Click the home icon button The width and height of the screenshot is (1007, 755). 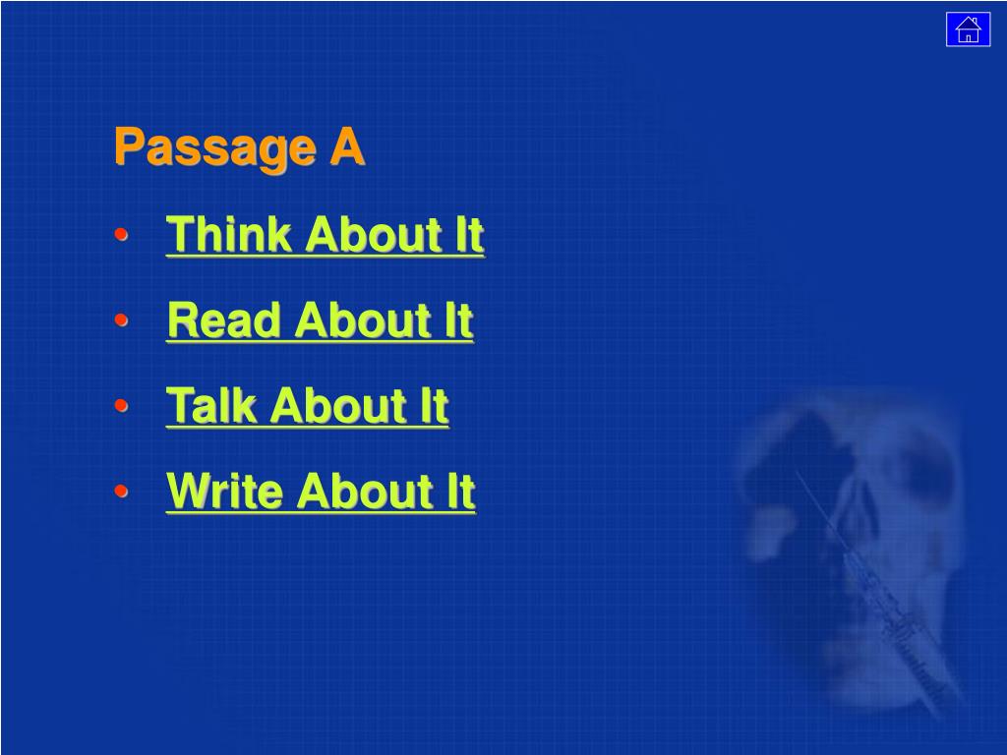(x=968, y=29)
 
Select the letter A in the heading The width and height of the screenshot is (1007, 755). (x=347, y=146)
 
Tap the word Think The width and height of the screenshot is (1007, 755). (x=228, y=234)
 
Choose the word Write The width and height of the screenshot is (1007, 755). (x=225, y=491)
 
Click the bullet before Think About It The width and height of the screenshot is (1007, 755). (x=121, y=234)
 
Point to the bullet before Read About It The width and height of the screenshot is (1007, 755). (x=121, y=319)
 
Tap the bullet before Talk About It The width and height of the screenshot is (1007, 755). (x=121, y=405)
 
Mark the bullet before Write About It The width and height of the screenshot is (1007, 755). (x=121, y=492)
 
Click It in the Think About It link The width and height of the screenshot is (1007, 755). (x=469, y=234)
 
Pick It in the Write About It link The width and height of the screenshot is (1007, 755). (x=461, y=491)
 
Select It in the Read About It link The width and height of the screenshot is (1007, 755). (x=459, y=319)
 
